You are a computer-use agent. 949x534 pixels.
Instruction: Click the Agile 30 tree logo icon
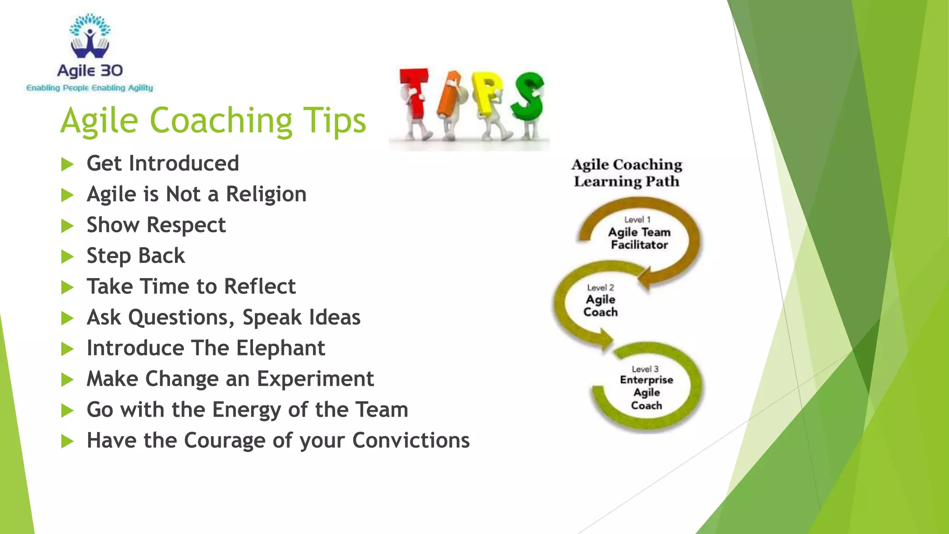coord(90,36)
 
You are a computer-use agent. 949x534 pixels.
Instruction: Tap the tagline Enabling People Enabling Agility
coord(89,88)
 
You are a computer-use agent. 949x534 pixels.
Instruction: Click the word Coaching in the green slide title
coord(221,121)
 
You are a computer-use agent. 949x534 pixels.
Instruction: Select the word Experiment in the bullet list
coord(315,379)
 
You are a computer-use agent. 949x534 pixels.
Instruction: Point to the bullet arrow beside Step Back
coord(68,256)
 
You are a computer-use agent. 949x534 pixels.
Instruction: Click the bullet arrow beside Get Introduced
coord(68,164)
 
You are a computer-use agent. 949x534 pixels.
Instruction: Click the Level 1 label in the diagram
coord(637,220)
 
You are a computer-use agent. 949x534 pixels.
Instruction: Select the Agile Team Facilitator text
coord(639,238)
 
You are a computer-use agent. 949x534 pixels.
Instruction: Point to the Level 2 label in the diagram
coord(600,288)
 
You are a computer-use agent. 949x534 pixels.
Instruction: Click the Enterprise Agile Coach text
coord(646,392)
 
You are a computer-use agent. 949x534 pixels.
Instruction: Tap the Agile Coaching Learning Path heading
coord(626,173)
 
